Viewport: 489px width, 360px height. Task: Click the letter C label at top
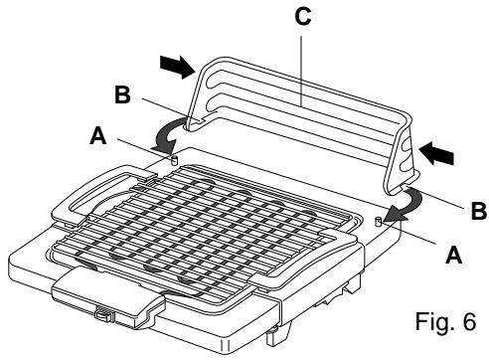[303, 17]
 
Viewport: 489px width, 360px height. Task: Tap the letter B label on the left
[122, 94]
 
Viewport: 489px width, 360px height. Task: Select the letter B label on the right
[478, 210]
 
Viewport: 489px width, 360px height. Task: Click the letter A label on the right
[453, 255]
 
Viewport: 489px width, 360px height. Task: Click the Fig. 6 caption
[446, 321]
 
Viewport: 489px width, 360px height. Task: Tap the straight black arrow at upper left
[177, 67]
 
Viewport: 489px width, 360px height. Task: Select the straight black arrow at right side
[436, 154]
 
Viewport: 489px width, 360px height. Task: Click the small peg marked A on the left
[174, 160]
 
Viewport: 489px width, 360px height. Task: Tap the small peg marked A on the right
[377, 222]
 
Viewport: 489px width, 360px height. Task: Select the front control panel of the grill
[107, 296]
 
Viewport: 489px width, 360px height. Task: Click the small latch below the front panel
[104, 313]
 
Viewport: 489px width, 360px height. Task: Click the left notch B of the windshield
[195, 122]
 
